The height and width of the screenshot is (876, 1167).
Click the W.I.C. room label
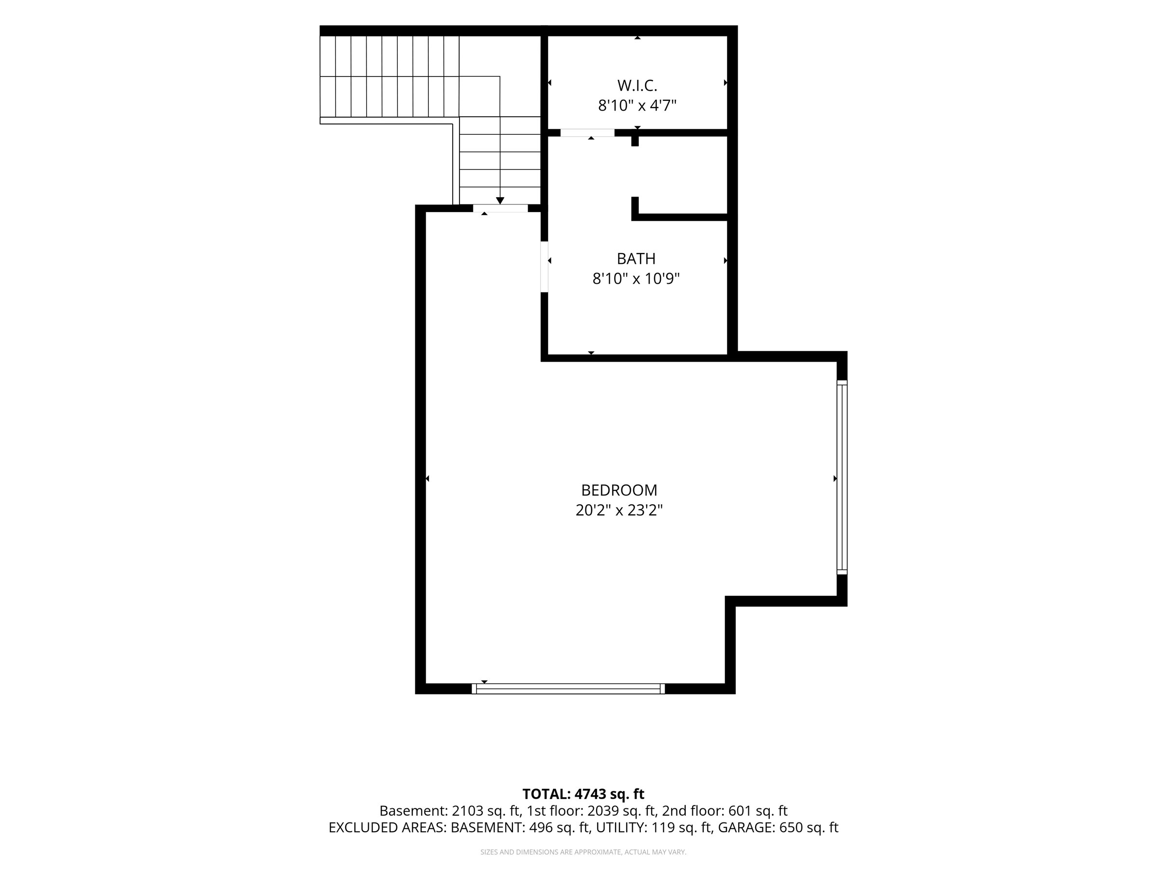[637, 86]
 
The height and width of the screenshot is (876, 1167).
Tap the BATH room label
[636, 259]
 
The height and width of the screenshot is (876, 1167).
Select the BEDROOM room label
[619, 491]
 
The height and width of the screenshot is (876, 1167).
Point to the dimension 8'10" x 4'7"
[637, 106]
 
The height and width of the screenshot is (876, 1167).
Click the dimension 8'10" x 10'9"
[636, 279]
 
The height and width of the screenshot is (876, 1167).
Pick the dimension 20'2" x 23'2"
[619, 511]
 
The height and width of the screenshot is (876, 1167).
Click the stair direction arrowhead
[500, 201]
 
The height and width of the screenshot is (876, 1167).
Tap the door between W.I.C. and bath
[587, 132]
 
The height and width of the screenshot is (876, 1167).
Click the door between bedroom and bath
[545, 267]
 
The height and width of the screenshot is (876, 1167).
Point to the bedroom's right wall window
[842, 477]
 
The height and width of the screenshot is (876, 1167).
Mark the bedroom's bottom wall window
[568, 689]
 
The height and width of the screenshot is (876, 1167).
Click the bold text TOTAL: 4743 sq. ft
[583, 794]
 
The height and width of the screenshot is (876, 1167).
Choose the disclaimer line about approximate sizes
[583, 852]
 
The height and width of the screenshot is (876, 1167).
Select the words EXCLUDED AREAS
[387, 828]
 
